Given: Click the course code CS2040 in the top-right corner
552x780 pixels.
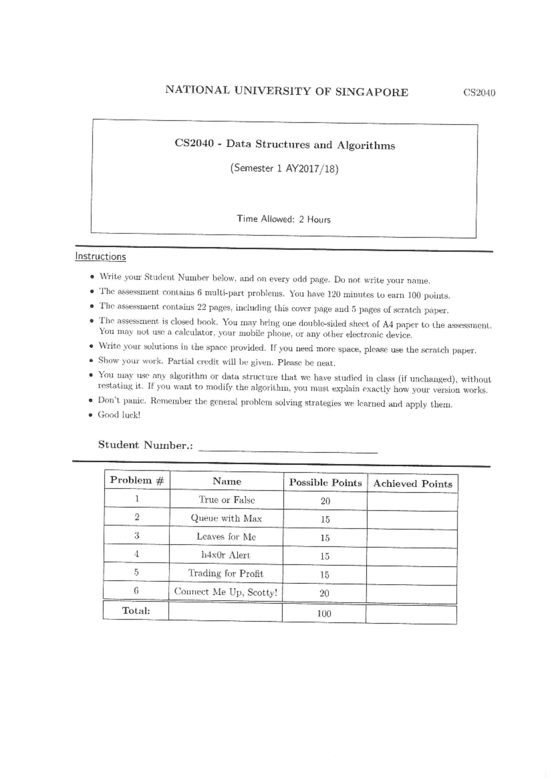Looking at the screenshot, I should tap(479, 93).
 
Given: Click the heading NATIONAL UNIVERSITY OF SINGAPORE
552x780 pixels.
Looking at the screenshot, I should tap(287, 91).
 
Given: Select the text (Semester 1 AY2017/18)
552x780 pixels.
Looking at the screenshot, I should tap(284, 169).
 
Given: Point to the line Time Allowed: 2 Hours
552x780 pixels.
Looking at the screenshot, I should tap(283, 219).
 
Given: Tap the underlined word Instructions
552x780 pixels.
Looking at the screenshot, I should tap(100, 256).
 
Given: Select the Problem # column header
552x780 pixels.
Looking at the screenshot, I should tap(137, 480).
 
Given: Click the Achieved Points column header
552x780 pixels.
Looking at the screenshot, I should tap(412, 484).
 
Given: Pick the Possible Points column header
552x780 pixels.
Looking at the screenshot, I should tap(325, 483).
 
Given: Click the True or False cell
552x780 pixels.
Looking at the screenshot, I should tap(226, 500).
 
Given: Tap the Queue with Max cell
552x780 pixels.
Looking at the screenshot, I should tap(226, 518).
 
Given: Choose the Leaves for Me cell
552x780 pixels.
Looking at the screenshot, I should tap(226, 536).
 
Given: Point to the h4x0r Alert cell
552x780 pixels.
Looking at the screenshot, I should tap(225, 555).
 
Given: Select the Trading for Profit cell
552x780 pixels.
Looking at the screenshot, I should tap(225, 573).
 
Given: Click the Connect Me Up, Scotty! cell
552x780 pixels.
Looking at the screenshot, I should tap(225, 592).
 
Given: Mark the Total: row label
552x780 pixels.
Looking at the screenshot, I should tap(136, 611).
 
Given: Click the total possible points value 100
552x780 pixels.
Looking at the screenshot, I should tap(324, 614).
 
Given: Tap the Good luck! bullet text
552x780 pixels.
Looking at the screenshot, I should tap(119, 415).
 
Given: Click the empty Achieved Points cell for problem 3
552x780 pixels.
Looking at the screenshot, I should tap(412, 538).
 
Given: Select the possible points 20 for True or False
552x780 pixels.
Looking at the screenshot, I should tap(325, 501).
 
